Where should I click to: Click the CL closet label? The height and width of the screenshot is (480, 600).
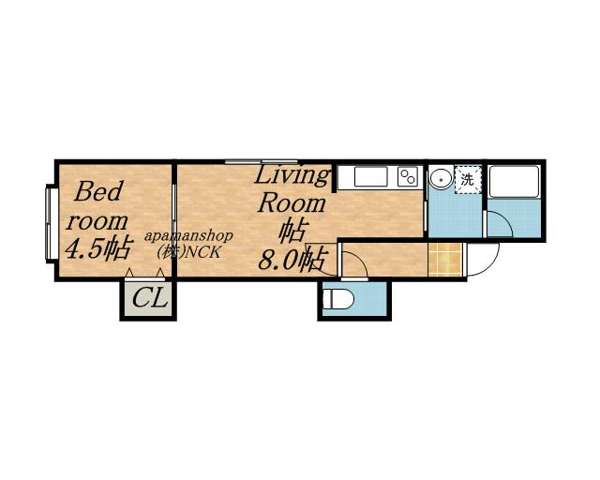pyautogui.click(x=150, y=298)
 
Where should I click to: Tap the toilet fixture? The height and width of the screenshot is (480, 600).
pyautogui.click(x=337, y=299)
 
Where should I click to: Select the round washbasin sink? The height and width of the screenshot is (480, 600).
pyautogui.click(x=442, y=179)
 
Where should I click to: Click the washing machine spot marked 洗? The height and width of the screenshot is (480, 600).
pyautogui.click(x=468, y=179)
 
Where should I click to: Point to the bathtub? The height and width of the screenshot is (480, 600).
pyautogui.click(x=514, y=182)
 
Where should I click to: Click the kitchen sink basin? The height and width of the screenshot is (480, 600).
pyautogui.click(x=371, y=177)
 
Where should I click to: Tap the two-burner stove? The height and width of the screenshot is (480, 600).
pyautogui.click(x=408, y=177)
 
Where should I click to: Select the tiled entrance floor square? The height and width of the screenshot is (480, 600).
pyautogui.click(x=445, y=259)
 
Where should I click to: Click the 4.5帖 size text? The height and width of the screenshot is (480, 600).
pyautogui.click(x=98, y=248)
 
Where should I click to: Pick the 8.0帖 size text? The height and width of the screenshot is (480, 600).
pyautogui.click(x=293, y=260)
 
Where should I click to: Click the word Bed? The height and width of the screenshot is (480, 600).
pyautogui.click(x=98, y=191)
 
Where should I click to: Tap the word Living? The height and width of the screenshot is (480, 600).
pyautogui.click(x=292, y=177)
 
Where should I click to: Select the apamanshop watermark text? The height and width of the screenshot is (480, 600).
pyautogui.click(x=188, y=236)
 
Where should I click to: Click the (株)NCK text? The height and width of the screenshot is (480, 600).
pyautogui.click(x=189, y=252)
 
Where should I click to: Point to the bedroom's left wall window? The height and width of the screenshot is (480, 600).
pyautogui.click(x=49, y=223)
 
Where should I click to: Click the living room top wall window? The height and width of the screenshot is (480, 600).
pyautogui.click(x=262, y=161)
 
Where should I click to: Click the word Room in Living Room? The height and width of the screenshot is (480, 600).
pyautogui.click(x=292, y=203)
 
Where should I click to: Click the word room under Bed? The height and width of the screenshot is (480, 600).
pyautogui.click(x=97, y=221)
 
